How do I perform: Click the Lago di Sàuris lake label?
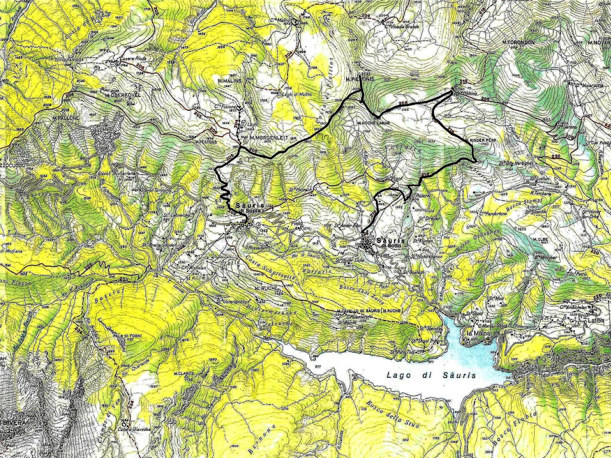(x=432, y=376)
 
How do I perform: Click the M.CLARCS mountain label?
(x=184, y=373)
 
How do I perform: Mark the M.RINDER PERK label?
(x=477, y=140)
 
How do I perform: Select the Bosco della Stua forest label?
(x=391, y=414)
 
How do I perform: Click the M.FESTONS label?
(x=206, y=142)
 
